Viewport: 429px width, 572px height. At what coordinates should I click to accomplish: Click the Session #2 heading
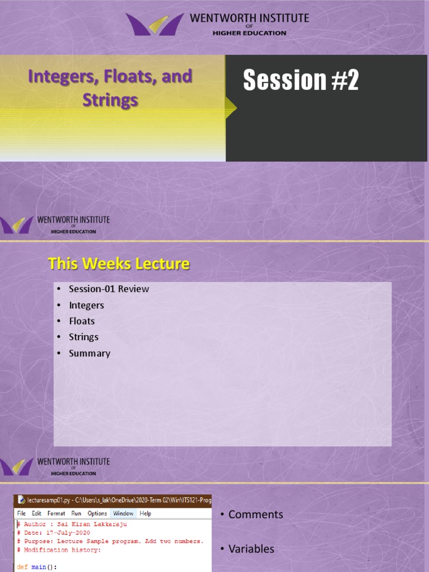pos(301,81)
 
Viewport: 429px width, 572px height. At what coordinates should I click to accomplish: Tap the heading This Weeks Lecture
pos(119,264)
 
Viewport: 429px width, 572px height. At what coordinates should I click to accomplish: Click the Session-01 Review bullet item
pos(109,289)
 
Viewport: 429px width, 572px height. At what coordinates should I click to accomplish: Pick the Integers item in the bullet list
pos(87,305)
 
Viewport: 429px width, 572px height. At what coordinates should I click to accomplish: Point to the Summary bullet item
pos(89,353)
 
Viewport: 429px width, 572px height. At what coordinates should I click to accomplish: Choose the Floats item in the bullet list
pos(82,321)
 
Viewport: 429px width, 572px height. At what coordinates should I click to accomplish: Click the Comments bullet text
pos(255,514)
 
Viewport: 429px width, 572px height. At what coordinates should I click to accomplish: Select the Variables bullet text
pos(251,549)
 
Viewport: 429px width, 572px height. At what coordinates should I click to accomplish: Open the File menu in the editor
pos(21,513)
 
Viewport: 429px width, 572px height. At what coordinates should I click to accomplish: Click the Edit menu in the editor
pos(36,513)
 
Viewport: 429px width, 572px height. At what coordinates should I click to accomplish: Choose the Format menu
pos(56,513)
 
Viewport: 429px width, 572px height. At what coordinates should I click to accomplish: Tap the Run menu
pos(76,513)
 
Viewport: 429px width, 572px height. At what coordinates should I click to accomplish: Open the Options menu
pos(97,513)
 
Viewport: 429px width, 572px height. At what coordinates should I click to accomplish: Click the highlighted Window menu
pos(123,513)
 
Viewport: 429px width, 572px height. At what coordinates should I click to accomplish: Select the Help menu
pos(145,513)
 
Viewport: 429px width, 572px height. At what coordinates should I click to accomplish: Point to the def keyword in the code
pos(22,567)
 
